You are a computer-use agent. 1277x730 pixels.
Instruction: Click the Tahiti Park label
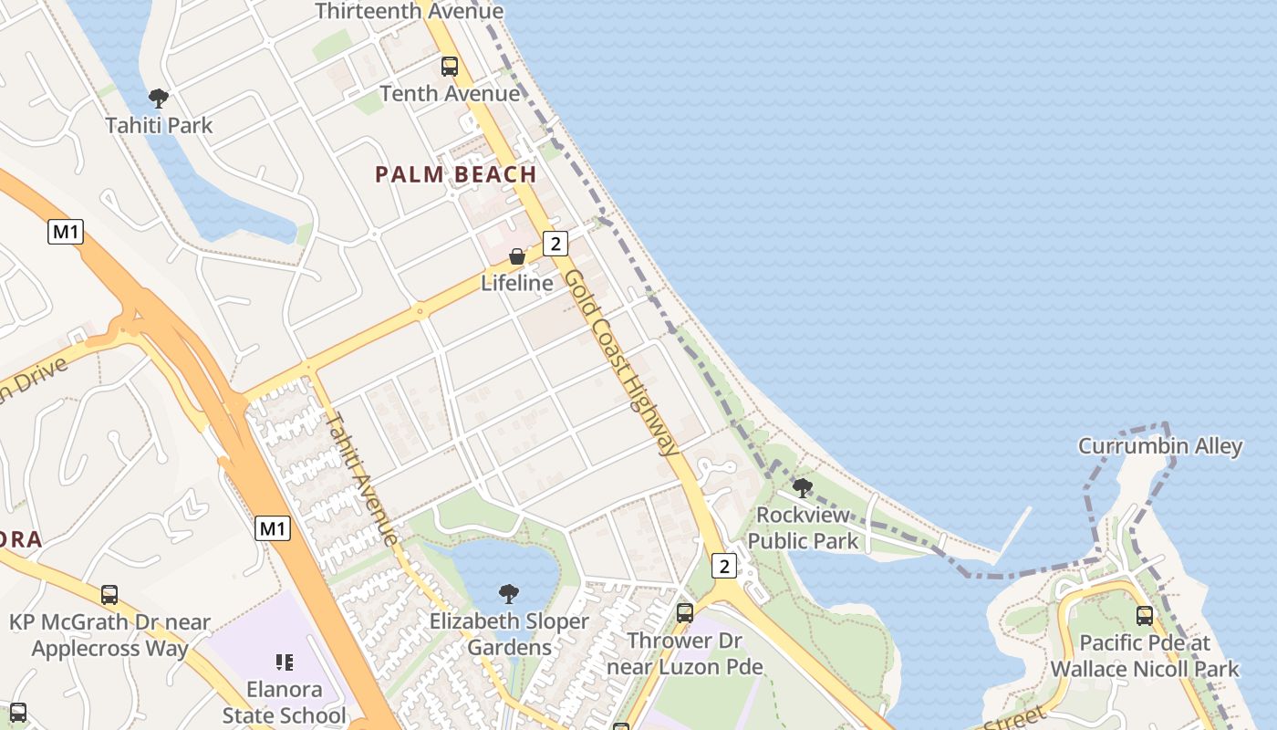click(x=159, y=125)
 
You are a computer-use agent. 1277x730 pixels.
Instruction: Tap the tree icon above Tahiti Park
click(x=159, y=98)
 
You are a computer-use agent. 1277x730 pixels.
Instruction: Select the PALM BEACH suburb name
click(x=455, y=174)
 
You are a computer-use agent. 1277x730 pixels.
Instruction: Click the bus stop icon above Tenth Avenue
click(x=450, y=67)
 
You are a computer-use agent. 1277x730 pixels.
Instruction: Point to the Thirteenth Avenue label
click(x=409, y=11)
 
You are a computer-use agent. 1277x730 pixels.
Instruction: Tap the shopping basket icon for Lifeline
click(x=517, y=256)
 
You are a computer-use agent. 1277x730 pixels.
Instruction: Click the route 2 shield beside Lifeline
click(x=555, y=243)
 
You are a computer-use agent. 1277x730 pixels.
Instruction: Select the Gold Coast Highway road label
click(x=621, y=362)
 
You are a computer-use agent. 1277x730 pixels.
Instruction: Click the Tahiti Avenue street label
click(x=361, y=479)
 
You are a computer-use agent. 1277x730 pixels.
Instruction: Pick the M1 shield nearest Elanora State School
click(x=273, y=527)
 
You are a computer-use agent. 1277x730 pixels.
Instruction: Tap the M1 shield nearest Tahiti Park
click(x=66, y=232)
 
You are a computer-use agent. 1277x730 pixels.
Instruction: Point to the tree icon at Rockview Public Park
click(x=803, y=487)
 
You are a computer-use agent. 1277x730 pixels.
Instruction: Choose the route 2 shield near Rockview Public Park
click(x=724, y=566)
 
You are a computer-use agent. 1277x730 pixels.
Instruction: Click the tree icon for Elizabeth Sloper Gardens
click(x=509, y=594)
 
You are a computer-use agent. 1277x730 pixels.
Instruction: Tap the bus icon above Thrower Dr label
click(x=685, y=613)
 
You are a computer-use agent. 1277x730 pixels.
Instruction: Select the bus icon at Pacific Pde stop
click(x=1145, y=616)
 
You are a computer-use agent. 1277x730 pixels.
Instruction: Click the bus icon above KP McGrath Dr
click(x=109, y=595)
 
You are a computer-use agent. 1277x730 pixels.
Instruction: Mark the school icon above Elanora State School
click(x=284, y=662)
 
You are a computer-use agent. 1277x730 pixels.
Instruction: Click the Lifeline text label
click(x=517, y=283)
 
